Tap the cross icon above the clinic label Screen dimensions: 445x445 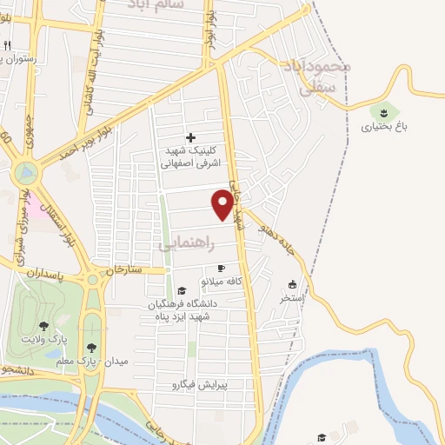(x=191, y=137)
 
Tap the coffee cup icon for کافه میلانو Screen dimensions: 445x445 (x=221, y=268)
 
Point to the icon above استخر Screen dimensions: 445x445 (x=292, y=284)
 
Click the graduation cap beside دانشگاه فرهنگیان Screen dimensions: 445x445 (x=182, y=291)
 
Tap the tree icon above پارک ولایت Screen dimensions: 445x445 (x=43, y=325)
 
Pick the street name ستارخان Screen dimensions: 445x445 (x=123, y=270)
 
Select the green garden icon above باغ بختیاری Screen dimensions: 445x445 (x=382, y=111)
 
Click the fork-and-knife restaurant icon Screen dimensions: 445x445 (x=7, y=45)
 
